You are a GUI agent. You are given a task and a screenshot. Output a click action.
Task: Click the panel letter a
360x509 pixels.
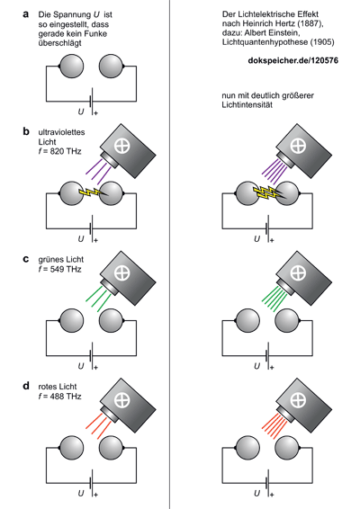click(26, 14)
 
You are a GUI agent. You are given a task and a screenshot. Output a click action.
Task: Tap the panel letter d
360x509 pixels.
click(26, 386)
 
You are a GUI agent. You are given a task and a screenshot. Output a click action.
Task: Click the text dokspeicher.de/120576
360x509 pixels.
click(292, 60)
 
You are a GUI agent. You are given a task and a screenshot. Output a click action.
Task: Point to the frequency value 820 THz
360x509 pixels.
click(66, 151)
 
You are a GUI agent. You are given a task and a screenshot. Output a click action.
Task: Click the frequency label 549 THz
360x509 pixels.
click(66, 269)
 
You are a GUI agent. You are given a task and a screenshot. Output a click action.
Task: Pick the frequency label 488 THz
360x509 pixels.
click(66, 397)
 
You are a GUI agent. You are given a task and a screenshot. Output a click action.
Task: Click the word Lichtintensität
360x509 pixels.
click(247, 105)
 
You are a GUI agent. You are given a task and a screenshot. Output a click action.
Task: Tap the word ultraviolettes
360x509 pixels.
click(61, 132)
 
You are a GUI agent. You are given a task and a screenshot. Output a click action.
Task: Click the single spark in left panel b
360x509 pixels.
click(93, 192)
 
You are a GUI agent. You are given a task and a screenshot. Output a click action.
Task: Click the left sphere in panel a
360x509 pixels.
click(71, 67)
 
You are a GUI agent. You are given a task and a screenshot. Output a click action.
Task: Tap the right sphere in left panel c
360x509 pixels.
click(111, 321)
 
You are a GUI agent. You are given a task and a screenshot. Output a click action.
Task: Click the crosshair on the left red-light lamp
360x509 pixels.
click(121, 400)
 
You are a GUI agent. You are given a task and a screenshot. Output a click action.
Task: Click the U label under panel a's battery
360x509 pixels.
click(81, 112)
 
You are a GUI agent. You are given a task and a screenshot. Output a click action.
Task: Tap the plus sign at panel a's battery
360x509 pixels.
click(95, 113)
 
